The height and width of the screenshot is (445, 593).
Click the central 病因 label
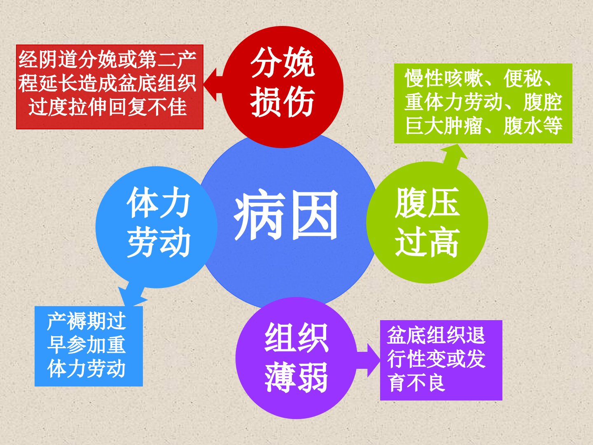(286, 215)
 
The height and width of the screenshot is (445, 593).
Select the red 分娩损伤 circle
(282, 87)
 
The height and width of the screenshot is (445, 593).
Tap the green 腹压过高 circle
(427, 222)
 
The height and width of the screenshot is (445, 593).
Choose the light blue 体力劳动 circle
(156, 227)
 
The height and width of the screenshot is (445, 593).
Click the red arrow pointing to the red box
(213, 84)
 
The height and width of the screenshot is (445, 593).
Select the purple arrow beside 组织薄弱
(369, 360)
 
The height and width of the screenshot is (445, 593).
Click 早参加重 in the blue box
(86, 344)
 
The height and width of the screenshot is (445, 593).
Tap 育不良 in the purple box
(416, 382)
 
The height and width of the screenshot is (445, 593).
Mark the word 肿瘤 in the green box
(463, 126)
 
